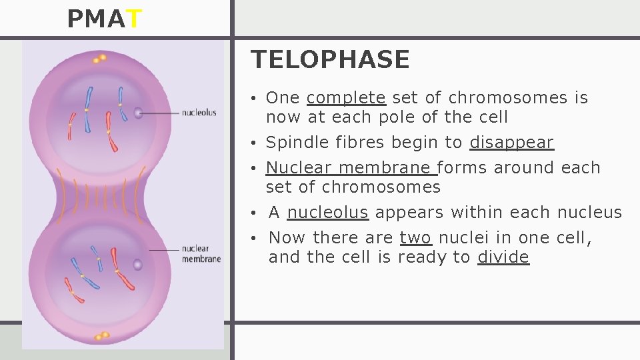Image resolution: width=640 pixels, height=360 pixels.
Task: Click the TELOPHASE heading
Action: (x=330, y=60)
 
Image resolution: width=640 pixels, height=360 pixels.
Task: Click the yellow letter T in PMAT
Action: (x=133, y=20)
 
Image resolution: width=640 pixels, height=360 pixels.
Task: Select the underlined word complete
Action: (x=346, y=98)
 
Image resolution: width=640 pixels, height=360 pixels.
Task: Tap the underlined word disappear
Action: (x=511, y=143)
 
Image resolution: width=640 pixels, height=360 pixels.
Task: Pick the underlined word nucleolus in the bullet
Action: (x=327, y=213)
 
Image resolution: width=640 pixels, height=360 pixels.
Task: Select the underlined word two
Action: (x=415, y=238)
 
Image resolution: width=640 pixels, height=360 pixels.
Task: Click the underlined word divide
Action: (x=503, y=257)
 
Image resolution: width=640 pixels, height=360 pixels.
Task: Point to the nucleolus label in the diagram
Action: (x=199, y=113)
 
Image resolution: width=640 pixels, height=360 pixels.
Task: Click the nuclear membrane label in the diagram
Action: (x=201, y=254)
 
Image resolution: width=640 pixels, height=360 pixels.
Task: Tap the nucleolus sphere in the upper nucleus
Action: (x=139, y=113)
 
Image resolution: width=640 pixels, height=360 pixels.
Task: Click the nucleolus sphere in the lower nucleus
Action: (x=137, y=265)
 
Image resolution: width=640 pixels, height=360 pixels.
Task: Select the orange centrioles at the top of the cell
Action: (x=99, y=59)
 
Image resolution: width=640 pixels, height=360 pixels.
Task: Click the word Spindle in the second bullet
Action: (x=292, y=143)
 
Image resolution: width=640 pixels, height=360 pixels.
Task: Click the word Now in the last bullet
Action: (x=287, y=238)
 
